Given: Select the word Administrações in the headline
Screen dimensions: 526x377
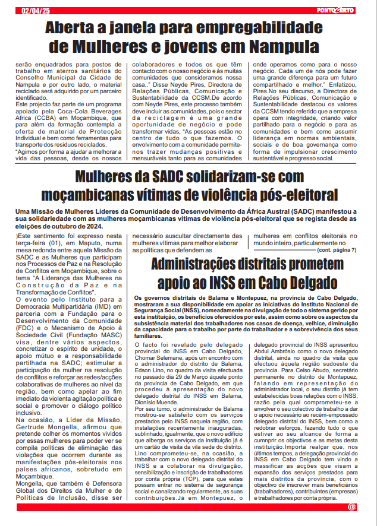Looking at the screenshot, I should pos(203,265).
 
